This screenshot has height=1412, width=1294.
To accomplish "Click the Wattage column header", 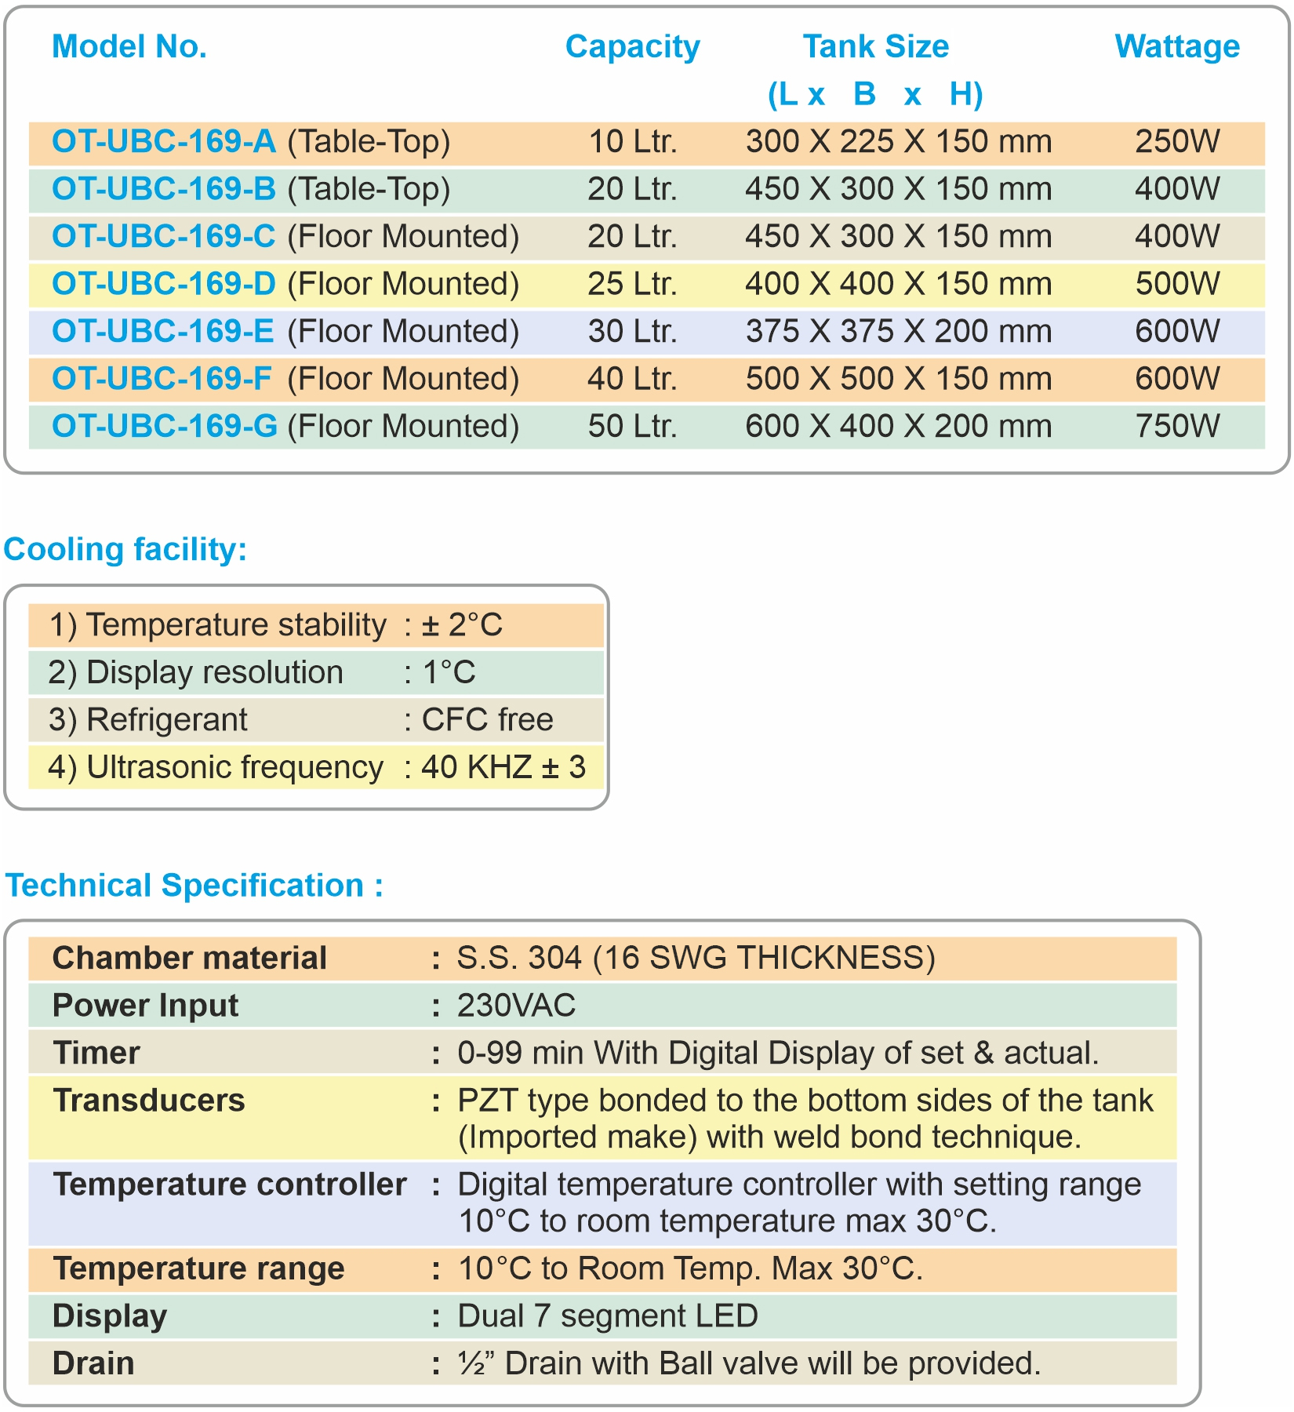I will pyautogui.click(x=1176, y=47).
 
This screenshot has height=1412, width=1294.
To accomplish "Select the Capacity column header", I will pyautogui.click(x=632, y=47).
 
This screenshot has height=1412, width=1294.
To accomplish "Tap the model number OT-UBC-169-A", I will pyautogui.click(x=164, y=142).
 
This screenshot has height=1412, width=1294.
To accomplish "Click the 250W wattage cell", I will pyautogui.click(x=1177, y=142).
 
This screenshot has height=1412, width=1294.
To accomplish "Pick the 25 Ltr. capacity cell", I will pyautogui.click(x=632, y=284).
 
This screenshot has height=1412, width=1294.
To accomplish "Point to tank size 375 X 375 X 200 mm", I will pyautogui.click(x=898, y=331).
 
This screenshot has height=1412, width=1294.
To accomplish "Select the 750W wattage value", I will pyautogui.click(x=1177, y=426).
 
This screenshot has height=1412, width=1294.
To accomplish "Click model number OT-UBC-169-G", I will pyautogui.click(x=165, y=426).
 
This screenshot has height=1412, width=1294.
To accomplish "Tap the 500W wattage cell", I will pyautogui.click(x=1177, y=284).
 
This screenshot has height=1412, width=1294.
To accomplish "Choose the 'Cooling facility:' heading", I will pyautogui.click(x=125, y=549).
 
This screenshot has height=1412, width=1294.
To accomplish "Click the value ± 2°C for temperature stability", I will pyautogui.click(x=462, y=625).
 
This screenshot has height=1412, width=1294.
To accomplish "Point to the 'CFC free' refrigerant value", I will pyautogui.click(x=487, y=719).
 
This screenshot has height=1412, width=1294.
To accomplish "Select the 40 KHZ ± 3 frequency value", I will pyautogui.click(x=503, y=767).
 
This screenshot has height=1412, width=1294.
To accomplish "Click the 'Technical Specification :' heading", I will pyautogui.click(x=194, y=886).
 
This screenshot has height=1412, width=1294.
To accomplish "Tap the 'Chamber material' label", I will pyautogui.click(x=189, y=958).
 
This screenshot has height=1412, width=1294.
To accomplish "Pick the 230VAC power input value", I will pyautogui.click(x=516, y=1006).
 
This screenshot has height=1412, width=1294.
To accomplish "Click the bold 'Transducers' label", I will pyautogui.click(x=149, y=1101).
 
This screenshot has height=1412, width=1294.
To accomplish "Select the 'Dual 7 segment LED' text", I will pyautogui.click(x=607, y=1316).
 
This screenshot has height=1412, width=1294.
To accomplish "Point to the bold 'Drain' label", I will pyautogui.click(x=93, y=1363).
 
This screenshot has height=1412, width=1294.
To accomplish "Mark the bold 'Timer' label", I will pyautogui.click(x=96, y=1053).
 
